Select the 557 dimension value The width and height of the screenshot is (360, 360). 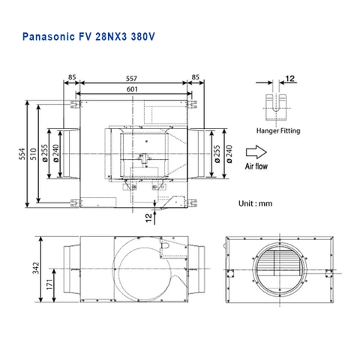[x=131, y=77]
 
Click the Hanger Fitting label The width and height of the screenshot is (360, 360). [x=277, y=130]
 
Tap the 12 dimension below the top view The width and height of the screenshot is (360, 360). [x=148, y=217]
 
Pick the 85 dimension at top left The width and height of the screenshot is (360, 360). [x=72, y=77]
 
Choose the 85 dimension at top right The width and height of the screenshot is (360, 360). [x=195, y=77]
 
